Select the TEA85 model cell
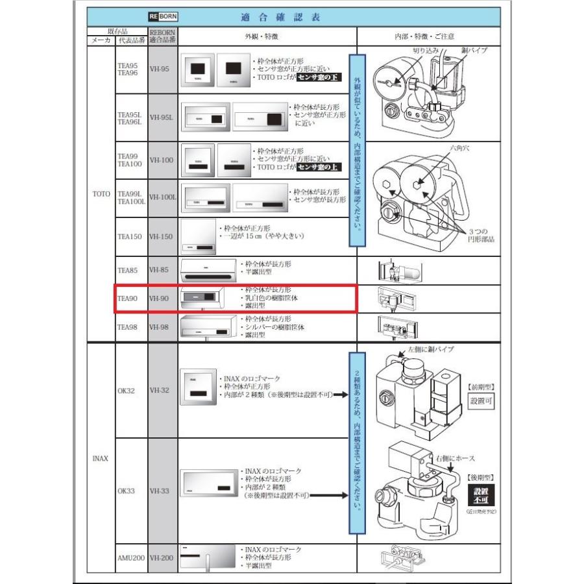click(125, 269)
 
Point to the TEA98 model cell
click(125, 327)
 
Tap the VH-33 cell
click(160, 491)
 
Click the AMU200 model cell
click(130, 557)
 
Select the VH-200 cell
click(162, 557)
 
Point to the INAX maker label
click(100, 458)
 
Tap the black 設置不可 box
click(480, 495)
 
